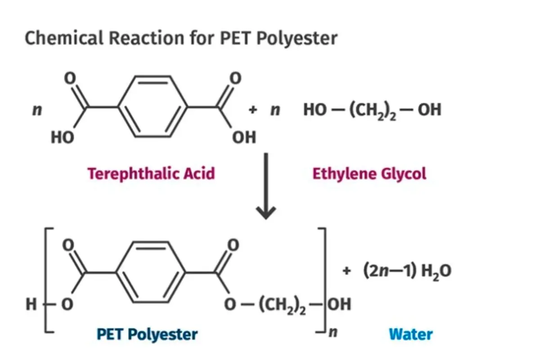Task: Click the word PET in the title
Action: (235, 38)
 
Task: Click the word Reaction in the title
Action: (146, 38)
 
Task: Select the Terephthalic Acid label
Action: (151, 174)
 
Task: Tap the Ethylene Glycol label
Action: (369, 174)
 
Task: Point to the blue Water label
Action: (411, 334)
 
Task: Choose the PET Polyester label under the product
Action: (147, 334)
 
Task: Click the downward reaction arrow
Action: (266, 186)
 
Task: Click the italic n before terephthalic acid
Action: (37, 110)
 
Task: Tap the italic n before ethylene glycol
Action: (275, 110)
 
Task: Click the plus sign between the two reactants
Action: (252, 110)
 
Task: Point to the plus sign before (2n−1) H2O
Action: (346, 271)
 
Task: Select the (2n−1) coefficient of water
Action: (389, 270)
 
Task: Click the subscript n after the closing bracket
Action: (333, 333)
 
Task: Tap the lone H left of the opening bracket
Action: (31, 304)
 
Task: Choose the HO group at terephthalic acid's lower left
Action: (63, 138)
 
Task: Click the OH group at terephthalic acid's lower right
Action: (244, 137)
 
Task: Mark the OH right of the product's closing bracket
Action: (339, 304)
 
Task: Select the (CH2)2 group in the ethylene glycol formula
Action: (373, 111)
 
